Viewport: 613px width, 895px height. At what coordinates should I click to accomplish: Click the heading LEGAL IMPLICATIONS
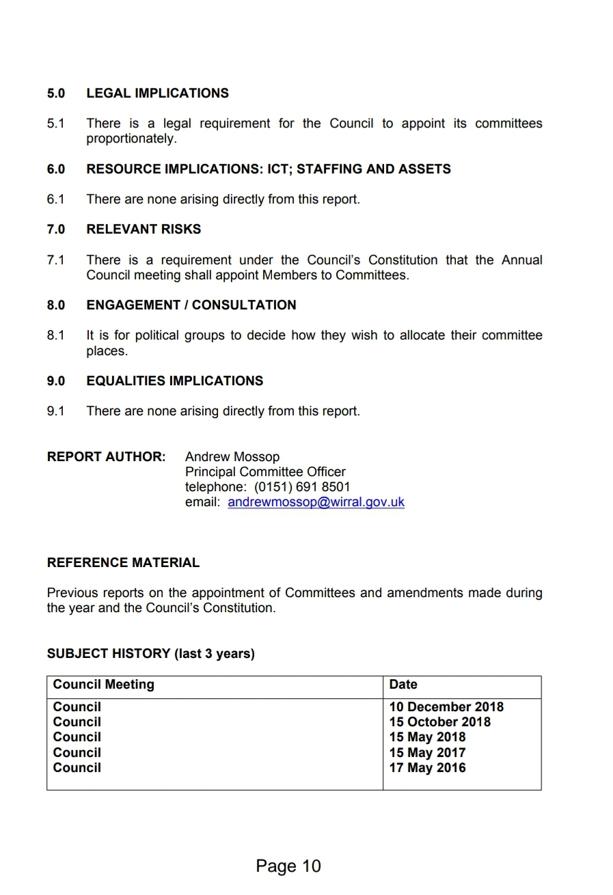point(157,93)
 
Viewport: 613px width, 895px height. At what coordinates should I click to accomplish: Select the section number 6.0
point(56,169)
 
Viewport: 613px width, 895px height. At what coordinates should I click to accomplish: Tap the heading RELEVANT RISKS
point(144,229)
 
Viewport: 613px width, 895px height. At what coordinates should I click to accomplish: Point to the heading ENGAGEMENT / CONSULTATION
point(191,305)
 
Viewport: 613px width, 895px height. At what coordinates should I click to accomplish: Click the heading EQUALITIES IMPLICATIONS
point(174,381)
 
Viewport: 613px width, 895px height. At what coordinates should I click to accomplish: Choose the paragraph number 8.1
point(56,335)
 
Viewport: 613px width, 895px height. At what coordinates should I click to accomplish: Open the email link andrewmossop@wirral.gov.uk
point(316,502)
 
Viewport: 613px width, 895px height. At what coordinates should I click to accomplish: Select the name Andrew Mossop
point(232,456)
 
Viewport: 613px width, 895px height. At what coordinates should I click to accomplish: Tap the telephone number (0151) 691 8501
point(302,487)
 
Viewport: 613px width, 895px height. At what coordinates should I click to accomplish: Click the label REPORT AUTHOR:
point(106,456)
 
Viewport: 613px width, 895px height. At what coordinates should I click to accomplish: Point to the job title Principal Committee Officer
point(265,472)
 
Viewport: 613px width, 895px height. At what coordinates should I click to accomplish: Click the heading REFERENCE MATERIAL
point(123,563)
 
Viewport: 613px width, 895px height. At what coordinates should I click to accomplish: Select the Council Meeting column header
point(104,685)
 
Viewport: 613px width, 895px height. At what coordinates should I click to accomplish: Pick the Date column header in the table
point(403,685)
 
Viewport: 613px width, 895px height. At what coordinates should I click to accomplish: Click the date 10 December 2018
point(446,707)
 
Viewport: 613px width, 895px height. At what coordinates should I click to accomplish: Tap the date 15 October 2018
point(440,722)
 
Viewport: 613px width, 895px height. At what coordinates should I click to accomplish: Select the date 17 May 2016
point(427,768)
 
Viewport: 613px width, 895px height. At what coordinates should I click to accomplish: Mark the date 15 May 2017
point(427,753)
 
